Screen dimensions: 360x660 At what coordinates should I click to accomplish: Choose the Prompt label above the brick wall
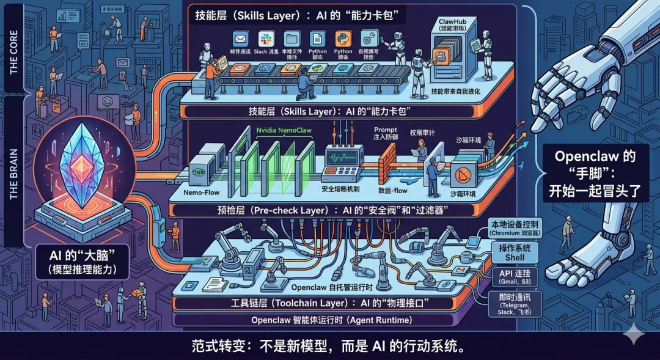tap(386, 133)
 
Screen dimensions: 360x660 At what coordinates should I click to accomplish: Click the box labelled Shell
tap(515, 254)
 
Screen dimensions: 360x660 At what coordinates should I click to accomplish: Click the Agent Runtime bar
tap(330, 319)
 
